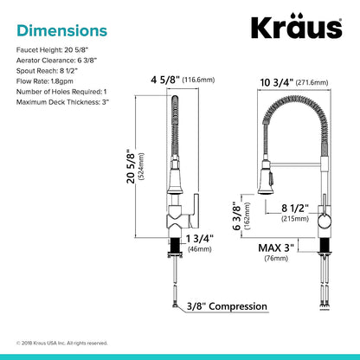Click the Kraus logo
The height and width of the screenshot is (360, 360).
coord(297,26)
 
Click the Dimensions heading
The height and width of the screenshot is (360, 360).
coord(62,30)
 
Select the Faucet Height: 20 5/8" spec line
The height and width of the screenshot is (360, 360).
coord(52,50)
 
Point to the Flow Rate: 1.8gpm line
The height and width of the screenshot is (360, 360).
coord(45,81)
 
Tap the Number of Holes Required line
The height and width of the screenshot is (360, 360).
coord(61,92)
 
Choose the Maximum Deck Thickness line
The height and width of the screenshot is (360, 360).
coord(62,102)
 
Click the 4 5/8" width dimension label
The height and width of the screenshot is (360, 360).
coord(165,80)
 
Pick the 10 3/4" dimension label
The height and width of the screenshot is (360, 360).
coord(277,82)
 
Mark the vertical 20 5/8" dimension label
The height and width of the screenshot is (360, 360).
coord(131,167)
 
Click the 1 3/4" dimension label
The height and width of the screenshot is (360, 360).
coord(199,239)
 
